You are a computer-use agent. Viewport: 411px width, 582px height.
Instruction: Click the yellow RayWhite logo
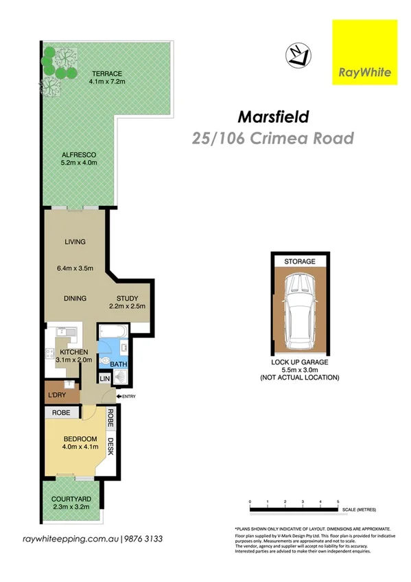pos(364,52)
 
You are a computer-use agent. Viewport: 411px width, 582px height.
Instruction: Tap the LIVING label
pos(75,242)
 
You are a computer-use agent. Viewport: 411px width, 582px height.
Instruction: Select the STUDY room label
pos(128,298)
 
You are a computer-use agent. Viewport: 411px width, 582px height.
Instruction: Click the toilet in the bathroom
pos(104,358)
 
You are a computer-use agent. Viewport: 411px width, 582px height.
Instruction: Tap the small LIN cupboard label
pos(105,378)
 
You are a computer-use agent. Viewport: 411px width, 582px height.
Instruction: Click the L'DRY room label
pos(57,396)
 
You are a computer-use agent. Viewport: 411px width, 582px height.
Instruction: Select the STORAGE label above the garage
pos(300,261)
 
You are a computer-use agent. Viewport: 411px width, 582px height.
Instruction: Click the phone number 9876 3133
pos(143,539)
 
